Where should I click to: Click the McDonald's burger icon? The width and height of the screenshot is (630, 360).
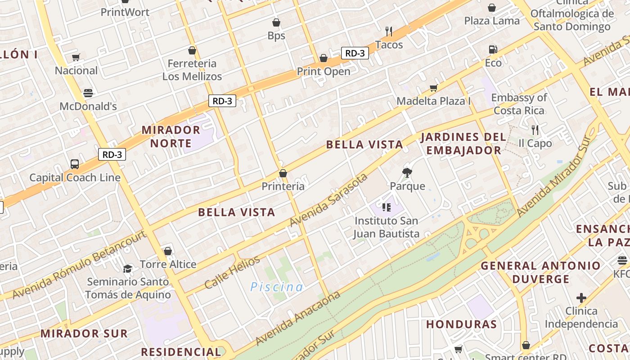point(88,93)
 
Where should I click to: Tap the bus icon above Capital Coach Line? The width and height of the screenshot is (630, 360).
point(75,164)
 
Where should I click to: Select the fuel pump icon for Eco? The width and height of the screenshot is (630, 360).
point(493,49)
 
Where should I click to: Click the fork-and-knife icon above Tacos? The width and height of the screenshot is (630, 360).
point(389,31)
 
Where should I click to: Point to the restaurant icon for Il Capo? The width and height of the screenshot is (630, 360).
point(535,130)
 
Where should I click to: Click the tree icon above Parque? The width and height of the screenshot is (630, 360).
point(407,172)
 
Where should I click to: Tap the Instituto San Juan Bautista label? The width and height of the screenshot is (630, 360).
point(386,227)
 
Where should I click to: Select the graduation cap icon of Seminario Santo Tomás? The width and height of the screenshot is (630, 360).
point(128,269)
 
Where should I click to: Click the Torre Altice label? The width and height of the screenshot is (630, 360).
point(168,264)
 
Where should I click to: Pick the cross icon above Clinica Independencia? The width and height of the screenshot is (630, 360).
point(581,298)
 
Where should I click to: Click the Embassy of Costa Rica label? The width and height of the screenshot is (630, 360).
point(519,104)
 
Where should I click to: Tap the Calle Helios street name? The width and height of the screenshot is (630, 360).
point(232,272)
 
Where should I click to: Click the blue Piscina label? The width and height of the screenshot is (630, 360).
point(276,287)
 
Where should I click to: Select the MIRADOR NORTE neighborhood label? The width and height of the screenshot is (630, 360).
point(171,136)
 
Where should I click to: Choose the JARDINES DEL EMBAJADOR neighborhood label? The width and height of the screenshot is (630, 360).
point(463,144)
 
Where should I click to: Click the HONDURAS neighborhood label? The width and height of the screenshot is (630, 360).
point(461,324)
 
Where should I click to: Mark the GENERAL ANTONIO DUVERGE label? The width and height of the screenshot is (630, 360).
point(540,272)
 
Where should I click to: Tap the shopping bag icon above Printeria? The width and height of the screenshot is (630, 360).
point(283,173)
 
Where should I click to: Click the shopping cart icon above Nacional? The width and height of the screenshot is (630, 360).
point(76,58)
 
